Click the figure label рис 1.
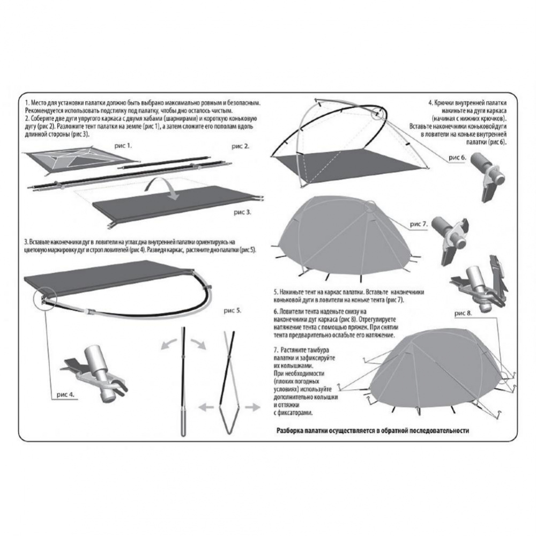pos(123,146)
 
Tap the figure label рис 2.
pos(240,146)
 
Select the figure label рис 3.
pos(242,212)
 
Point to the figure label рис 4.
pos(65,394)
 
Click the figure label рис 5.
pos(233,311)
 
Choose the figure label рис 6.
pos(457,158)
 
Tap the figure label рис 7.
pos(419,224)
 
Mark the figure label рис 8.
pos(463,313)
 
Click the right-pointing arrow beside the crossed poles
pos(252,407)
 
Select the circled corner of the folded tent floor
pos(44,298)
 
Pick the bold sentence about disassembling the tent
pos(373,431)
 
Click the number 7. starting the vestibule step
pos(277,351)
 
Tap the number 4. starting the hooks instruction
pos(431,103)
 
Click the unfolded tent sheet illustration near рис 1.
pos(81,160)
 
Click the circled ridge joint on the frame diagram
pos(378,114)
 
